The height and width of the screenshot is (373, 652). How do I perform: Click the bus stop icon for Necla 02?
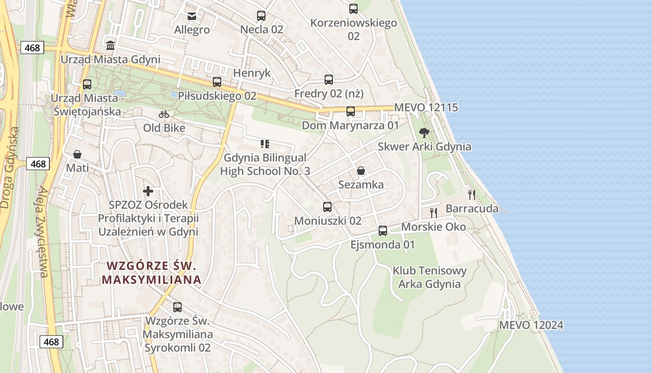pos(261,16)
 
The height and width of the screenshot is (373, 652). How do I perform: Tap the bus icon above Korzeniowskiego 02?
pos(353,8)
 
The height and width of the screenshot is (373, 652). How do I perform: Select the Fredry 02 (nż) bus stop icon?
pos(329,80)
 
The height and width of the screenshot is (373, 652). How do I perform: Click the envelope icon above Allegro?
pos(192,16)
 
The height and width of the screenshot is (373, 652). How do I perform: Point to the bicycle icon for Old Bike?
pos(164,114)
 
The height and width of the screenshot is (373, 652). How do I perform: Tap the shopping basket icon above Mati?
pos(77,154)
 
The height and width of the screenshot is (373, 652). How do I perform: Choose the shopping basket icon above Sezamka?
pos(361,171)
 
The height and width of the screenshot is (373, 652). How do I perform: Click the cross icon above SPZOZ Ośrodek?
pos(148,191)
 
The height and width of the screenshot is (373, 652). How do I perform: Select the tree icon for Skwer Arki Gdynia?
pos(424,133)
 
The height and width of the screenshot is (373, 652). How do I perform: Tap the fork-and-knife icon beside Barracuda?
pos(472,195)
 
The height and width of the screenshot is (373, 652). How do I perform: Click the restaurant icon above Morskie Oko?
pos(434,213)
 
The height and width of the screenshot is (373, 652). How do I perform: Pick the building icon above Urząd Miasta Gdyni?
pos(110,46)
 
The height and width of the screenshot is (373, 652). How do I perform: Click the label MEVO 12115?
pos(426,108)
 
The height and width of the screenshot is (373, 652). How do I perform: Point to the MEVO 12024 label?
pos(531,325)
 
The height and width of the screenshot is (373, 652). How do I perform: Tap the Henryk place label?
pos(251,73)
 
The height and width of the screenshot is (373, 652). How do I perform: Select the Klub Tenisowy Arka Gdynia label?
pos(429,277)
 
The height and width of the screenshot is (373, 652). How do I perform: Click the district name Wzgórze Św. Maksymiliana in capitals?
pos(152,273)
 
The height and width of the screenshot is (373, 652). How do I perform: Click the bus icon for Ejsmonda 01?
pos(383,230)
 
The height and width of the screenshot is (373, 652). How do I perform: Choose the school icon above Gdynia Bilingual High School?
pos(265,144)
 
